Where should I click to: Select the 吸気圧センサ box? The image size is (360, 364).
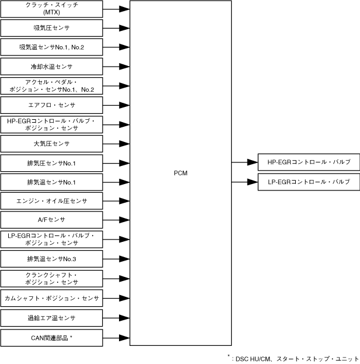[x=51, y=27]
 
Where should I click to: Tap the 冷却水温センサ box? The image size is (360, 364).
[x=51, y=66]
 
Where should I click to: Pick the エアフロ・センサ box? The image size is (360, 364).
[x=51, y=105]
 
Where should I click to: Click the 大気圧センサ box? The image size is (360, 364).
[x=51, y=143]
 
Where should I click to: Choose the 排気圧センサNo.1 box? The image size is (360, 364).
[x=51, y=162]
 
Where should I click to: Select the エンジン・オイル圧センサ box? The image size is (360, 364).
[x=51, y=201]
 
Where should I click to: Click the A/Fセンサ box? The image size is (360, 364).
[x=51, y=220]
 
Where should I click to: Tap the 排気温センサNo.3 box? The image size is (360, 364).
[x=51, y=259]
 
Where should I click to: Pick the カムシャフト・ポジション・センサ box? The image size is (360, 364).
[x=51, y=297]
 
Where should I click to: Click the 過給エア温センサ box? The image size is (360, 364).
[x=51, y=318]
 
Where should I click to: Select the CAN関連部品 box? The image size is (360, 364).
[x=51, y=337]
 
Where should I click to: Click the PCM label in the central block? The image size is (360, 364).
[x=180, y=173]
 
